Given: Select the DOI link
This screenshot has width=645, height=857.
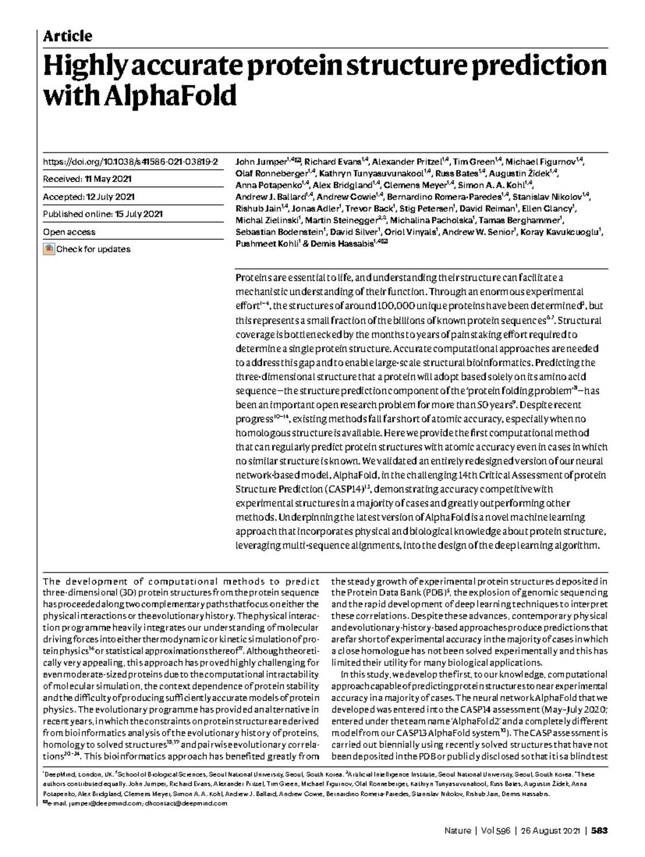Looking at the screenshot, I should (x=130, y=161).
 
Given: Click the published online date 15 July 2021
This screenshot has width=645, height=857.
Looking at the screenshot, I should (x=139, y=214).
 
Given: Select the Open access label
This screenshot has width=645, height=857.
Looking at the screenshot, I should (x=69, y=232).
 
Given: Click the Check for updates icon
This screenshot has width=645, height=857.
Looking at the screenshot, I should (x=49, y=249).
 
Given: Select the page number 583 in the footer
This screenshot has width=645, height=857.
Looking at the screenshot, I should (x=599, y=831).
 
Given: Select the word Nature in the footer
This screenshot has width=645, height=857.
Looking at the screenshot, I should (x=457, y=831).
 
